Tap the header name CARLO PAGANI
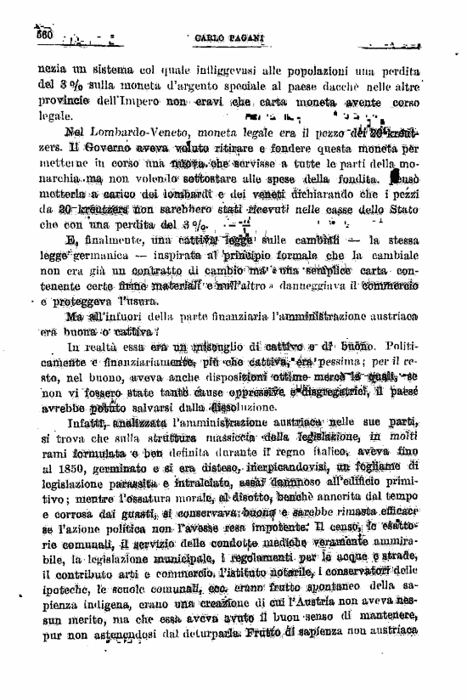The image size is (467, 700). pyautogui.click(x=221, y=39)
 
